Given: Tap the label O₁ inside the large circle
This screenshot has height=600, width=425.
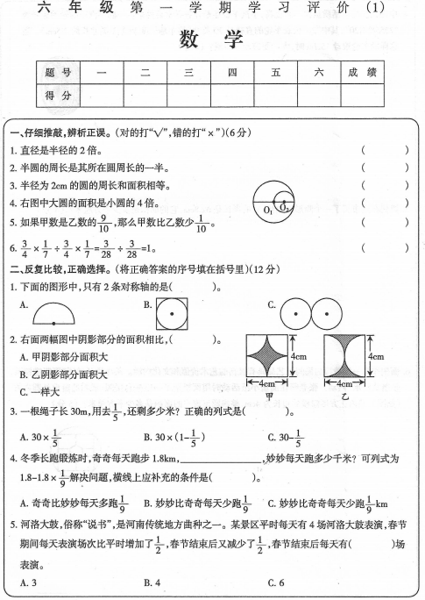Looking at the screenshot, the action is pos(269,211).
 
